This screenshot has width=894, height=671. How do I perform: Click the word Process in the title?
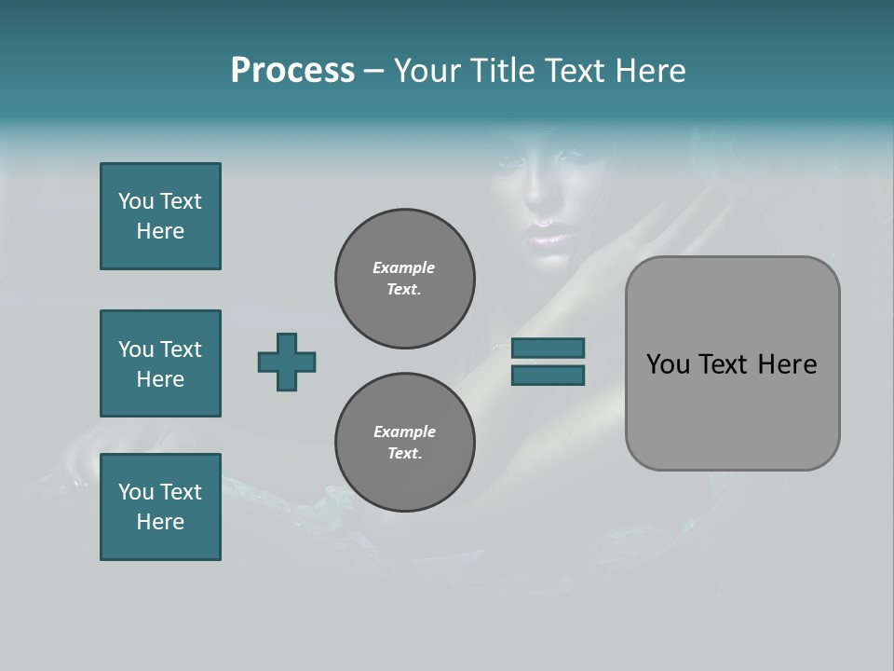click(x=292, y=71)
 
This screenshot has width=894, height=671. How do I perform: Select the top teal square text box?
click(x=160, y=216)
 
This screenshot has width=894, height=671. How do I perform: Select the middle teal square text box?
click(x=160, y=363)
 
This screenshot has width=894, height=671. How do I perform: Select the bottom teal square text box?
click(x=160, y=507)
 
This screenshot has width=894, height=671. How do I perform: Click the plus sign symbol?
click(x=287, y=363)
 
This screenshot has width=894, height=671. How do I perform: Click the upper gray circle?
click(x=404, y=279)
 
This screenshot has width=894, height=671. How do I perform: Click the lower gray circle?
click(x=404, y=442)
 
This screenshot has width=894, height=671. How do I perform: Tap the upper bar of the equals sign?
click(x=548, y=349)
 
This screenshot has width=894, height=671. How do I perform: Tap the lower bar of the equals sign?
click(x=548, y=375)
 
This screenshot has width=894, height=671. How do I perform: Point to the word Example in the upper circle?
click(x=403, y=267)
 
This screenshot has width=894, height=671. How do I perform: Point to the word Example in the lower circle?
click(x=404, y=431)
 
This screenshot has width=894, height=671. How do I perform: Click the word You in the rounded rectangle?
click(x=667, y=364)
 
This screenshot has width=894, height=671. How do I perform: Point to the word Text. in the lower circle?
click(x=404, y=454)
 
